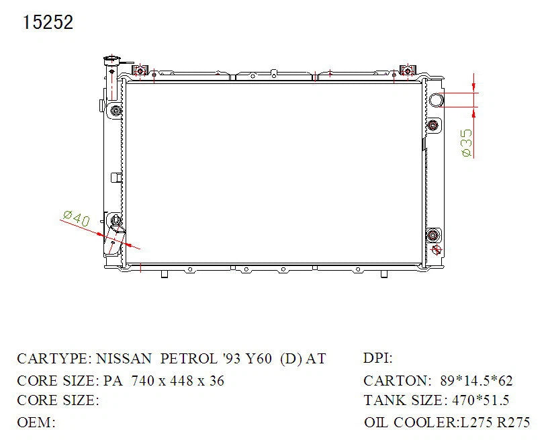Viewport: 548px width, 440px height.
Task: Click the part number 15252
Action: [48, 22]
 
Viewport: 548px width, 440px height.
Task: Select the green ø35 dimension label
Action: [466, 143]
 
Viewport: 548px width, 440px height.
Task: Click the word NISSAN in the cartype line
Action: [124, 359]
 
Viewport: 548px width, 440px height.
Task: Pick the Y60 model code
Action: [259, 359]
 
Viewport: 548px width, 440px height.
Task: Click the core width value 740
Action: [143, 381]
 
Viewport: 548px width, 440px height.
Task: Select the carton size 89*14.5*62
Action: [476, 381]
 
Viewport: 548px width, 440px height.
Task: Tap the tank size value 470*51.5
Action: [481, 400]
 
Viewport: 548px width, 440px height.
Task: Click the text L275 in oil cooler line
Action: [476, 423]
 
